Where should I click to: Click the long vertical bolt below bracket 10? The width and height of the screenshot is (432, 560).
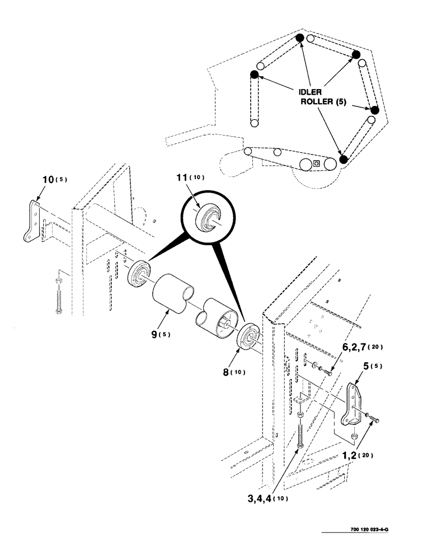coord(58,296)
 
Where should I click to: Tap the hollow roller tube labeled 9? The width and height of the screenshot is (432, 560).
coord(170,291)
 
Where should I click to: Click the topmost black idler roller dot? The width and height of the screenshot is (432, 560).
coord(300,38)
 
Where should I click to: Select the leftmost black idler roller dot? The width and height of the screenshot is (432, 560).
coord(254,74)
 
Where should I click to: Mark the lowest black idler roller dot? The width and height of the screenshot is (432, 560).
coord(344,159)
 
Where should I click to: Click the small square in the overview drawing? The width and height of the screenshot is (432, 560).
coord(317,164)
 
